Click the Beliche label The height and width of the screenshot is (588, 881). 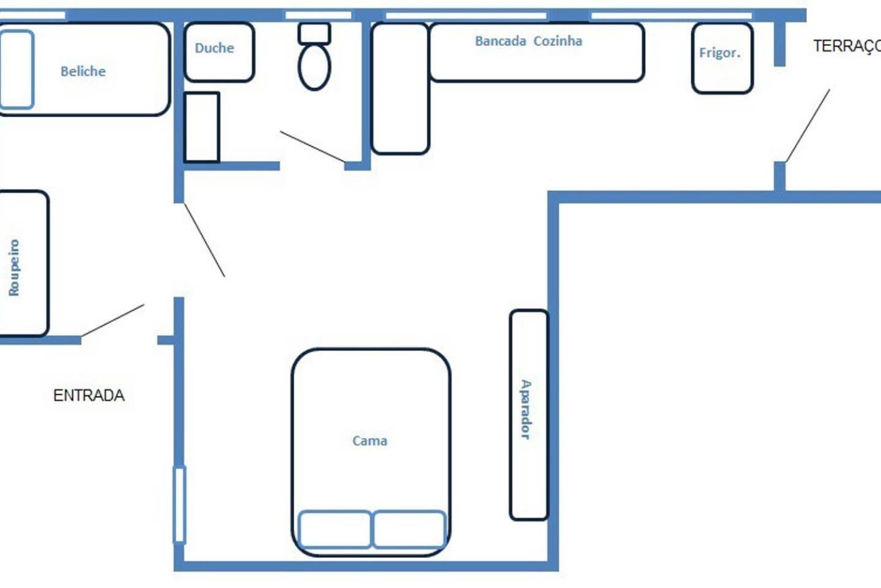coord(83,71)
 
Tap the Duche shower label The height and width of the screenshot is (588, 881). coord(214,48)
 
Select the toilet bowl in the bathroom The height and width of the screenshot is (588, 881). coord(314,67)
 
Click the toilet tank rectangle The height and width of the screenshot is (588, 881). coord(314,34)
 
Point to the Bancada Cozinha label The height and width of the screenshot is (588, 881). coord(529,41)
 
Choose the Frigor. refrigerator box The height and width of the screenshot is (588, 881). coord(723,58)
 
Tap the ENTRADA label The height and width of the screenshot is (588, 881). coord(89,396)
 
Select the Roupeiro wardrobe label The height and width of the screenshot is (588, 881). coord(14,268)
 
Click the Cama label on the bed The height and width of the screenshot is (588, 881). coord(370,441)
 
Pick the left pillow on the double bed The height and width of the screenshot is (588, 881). coord(335,529)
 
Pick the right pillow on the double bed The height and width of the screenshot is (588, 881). coord(409,529)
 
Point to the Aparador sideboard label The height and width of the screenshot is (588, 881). coord(526,409)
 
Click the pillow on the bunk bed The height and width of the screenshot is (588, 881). coord(16,69)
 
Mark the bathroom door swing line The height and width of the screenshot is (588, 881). coord(313,146)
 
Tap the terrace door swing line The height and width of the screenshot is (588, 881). coord(808,126)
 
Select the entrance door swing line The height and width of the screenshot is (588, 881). coord(113,320)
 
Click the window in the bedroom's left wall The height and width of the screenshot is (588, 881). coord(179,505)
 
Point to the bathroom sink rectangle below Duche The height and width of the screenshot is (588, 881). coord(202,127)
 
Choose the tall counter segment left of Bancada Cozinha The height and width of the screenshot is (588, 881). coord(400,88)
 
